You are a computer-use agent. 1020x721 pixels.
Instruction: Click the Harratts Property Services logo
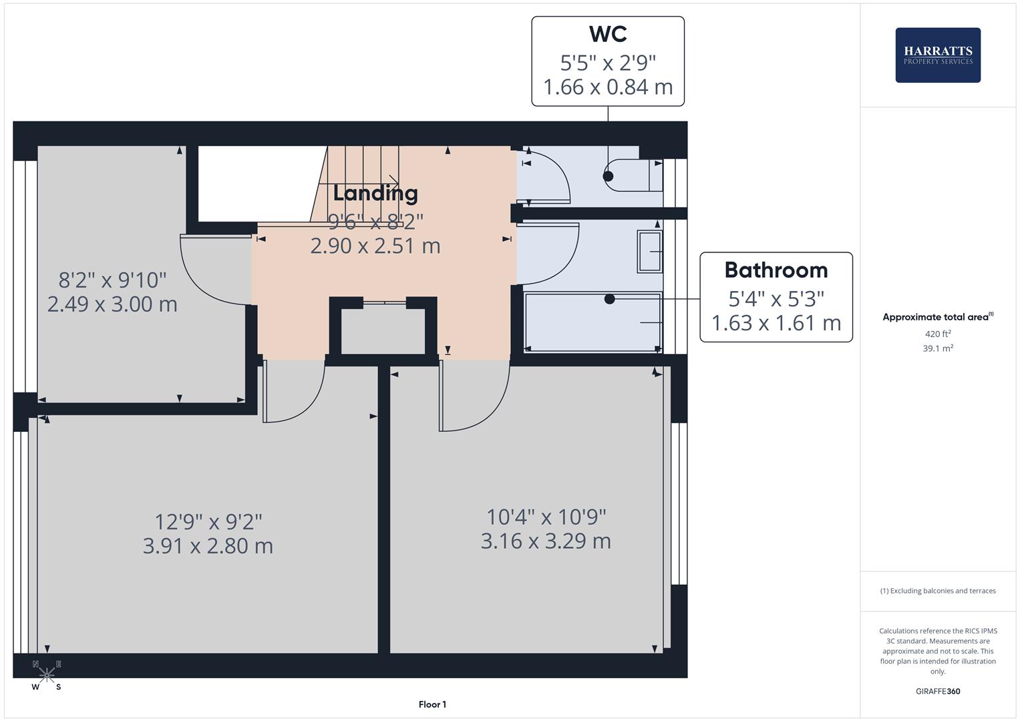[x=937, y=55]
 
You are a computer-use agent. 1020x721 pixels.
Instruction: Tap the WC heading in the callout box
[x=608, y=33]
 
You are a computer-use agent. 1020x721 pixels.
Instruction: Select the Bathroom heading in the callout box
[x=776, y=270]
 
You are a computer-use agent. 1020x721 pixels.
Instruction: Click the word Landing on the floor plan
[x=375, y=194]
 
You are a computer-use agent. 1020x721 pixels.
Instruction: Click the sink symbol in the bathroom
[x=649, y=252]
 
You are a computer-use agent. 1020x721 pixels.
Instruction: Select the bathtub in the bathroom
[x=592, y=322]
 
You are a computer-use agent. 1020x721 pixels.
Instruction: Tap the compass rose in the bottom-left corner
[x=47, y=675]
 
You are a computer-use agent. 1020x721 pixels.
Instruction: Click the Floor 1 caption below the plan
[x=432, y=704]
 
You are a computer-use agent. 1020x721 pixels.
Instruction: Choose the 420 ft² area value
[x=938, y=334]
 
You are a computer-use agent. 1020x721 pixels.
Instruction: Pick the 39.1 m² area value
[x=938, y=348]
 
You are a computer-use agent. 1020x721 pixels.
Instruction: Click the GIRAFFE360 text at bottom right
[x=938, y=691]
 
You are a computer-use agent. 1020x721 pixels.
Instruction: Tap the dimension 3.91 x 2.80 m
[x=208, y=546]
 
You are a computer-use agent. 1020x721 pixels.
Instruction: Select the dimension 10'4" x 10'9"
[x=546, y=517]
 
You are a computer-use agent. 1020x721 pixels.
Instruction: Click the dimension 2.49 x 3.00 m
[x=112, y=304]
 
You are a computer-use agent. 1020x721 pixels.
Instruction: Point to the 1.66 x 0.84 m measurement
[x=608, y=87]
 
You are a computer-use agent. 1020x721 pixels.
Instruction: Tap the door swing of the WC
[x=548, y=179]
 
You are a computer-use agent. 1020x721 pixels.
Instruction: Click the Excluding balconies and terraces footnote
[x=938, y=591]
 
